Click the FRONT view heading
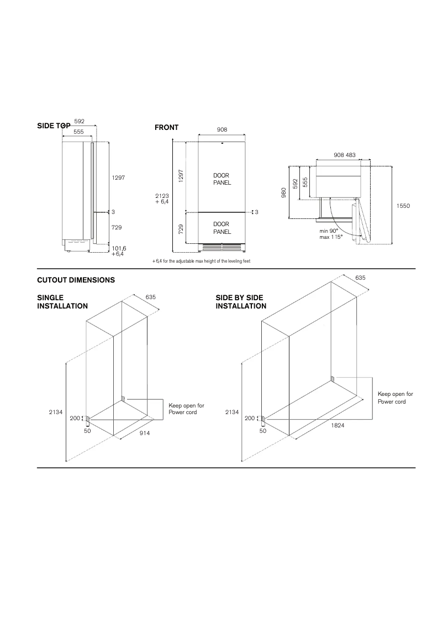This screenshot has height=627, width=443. (166, 128)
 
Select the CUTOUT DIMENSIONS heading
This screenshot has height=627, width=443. (76, 280)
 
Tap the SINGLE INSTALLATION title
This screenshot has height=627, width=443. (62, 302)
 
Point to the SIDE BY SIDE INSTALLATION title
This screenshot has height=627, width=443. (241, 302)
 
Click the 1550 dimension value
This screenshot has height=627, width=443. (403, 205)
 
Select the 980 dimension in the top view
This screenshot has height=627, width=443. (284, 192)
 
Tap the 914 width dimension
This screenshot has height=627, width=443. (145, 433)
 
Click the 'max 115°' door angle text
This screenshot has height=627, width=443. (331, 237)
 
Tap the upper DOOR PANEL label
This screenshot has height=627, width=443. (221, 179)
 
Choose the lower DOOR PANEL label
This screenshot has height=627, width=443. (221, 228)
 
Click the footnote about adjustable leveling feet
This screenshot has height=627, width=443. (201, 261)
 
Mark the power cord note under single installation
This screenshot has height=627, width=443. (182, 409)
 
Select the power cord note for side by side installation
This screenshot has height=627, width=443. (395, 398)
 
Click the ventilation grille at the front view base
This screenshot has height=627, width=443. (221, 247)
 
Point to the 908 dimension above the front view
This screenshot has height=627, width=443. (222, 129)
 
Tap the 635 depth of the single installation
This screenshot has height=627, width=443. (150, 297)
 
